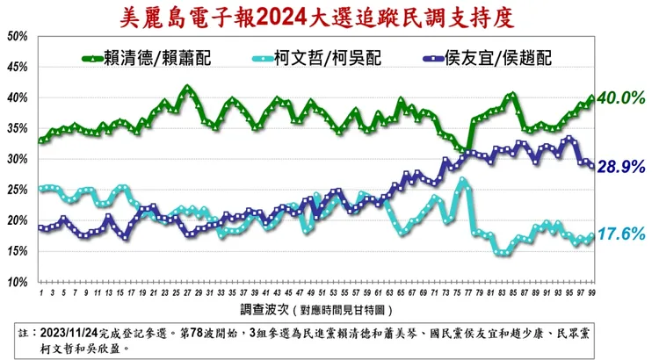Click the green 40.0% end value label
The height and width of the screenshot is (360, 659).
(621, 99)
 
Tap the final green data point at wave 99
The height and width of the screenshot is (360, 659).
(592, 98)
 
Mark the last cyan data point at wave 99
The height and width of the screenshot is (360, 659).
(592, 236)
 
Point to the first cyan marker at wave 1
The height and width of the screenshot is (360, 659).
(41, 189)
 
